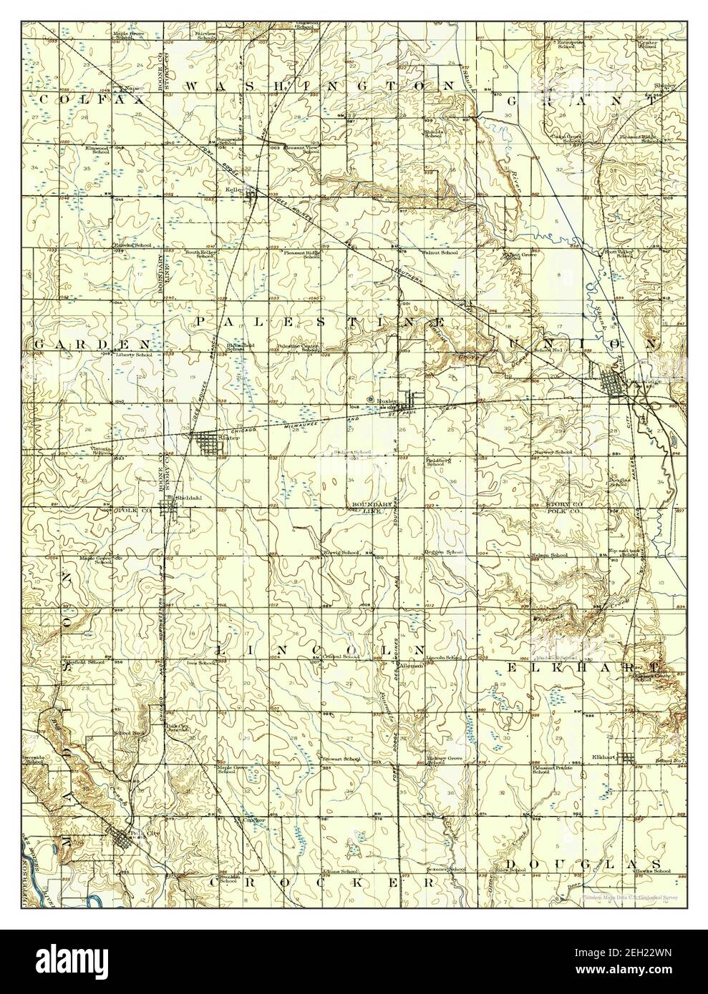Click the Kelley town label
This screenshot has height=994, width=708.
(231, 190)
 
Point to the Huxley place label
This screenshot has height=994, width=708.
(387, 402)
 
